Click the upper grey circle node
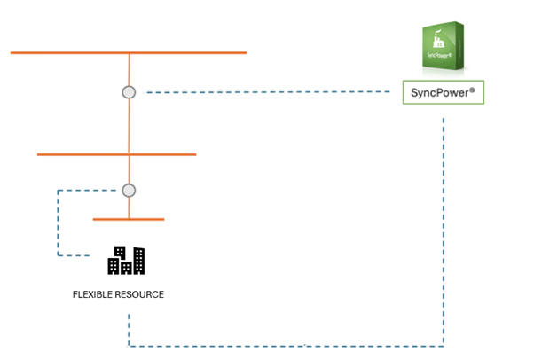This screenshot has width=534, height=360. tap(129, 91)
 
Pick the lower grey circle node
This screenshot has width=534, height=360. tap(129, 190)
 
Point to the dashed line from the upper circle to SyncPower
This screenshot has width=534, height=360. tap(266, 91)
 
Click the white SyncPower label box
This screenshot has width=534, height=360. tap(444, 92)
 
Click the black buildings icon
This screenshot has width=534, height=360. tap(126, 259)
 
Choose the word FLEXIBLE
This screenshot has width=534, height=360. tap(93, 294)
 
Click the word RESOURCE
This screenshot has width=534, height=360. tap(140, 294)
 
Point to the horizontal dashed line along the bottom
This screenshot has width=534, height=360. tap(284, 345)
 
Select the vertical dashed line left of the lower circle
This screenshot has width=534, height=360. tap(58, 222)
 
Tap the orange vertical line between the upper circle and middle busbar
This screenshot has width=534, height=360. tap(130, 126)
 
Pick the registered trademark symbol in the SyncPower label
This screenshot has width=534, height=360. tap(476, 89)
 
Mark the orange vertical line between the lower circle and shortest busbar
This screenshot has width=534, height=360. tap(130, 207)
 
